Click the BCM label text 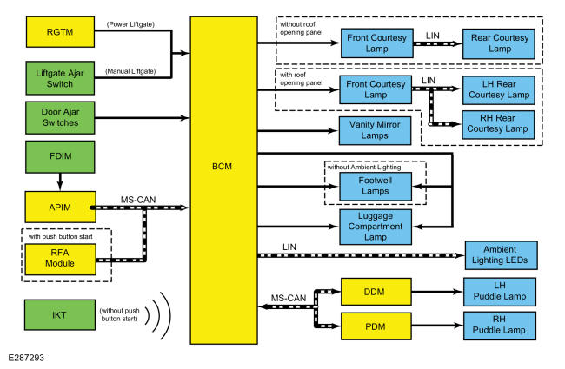pyautogui.click(x=224, y=164)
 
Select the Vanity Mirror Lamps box pyautogui.click(x=373, y=131)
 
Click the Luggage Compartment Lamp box pyautogui.click(x=373, y=226)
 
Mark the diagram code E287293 pyautogui.click(x=28, y=357)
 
